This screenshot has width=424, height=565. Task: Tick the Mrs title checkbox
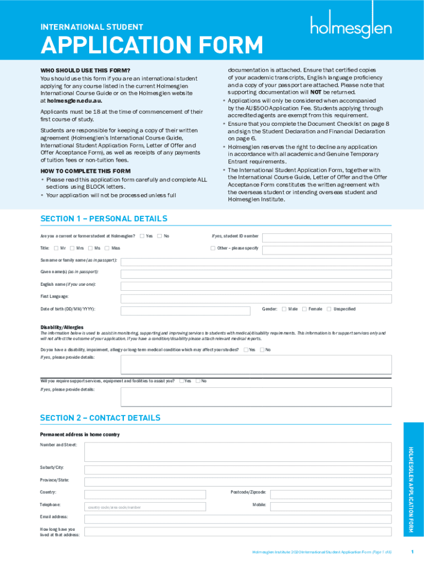72,248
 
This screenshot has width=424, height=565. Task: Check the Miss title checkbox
107,248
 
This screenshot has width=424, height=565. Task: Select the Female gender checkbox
305,309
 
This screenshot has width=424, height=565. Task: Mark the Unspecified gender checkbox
329,309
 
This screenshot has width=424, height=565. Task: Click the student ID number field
327,237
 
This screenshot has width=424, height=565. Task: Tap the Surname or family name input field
256,261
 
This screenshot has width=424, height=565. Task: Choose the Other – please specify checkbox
213,248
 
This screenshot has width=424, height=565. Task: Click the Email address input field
238,519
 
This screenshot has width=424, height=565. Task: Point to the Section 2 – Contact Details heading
100,418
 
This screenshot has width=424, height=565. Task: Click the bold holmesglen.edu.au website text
74,101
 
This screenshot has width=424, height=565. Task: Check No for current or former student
160,237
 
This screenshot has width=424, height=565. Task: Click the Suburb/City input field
238,468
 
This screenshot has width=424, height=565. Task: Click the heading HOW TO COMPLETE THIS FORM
85,171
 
